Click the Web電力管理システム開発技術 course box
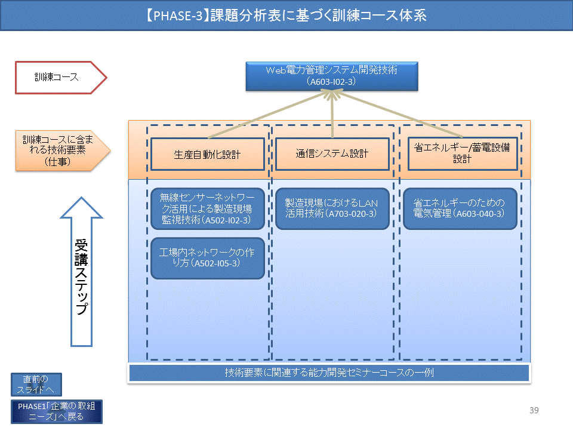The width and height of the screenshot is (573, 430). (332, 76)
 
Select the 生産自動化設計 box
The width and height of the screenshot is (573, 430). (208, 154)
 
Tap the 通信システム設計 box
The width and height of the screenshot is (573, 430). (332, 153)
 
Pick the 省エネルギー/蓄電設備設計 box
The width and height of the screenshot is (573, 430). (463, 153)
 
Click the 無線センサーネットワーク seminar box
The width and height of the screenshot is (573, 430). (208, 209)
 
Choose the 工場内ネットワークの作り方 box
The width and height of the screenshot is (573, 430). (208, 258)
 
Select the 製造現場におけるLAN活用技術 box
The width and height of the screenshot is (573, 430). (332, 209)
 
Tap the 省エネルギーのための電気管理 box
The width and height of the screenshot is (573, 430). (460, 209)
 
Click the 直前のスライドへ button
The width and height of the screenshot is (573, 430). (36, 384)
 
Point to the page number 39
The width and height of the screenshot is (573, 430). (534, 410)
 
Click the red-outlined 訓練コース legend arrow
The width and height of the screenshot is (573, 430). (61, 78)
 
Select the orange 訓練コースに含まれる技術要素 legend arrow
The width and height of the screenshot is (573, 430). (63, 150)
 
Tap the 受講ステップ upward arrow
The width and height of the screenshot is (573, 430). (82, 272)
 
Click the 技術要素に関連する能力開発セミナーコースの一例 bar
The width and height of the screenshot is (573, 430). (329, 373)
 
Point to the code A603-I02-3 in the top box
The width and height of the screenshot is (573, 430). (331, 82)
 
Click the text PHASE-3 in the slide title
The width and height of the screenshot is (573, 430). (178, 16)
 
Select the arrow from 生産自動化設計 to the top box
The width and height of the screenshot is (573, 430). (269, 115)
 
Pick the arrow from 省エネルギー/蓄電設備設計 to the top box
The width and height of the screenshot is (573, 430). (398, 114)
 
